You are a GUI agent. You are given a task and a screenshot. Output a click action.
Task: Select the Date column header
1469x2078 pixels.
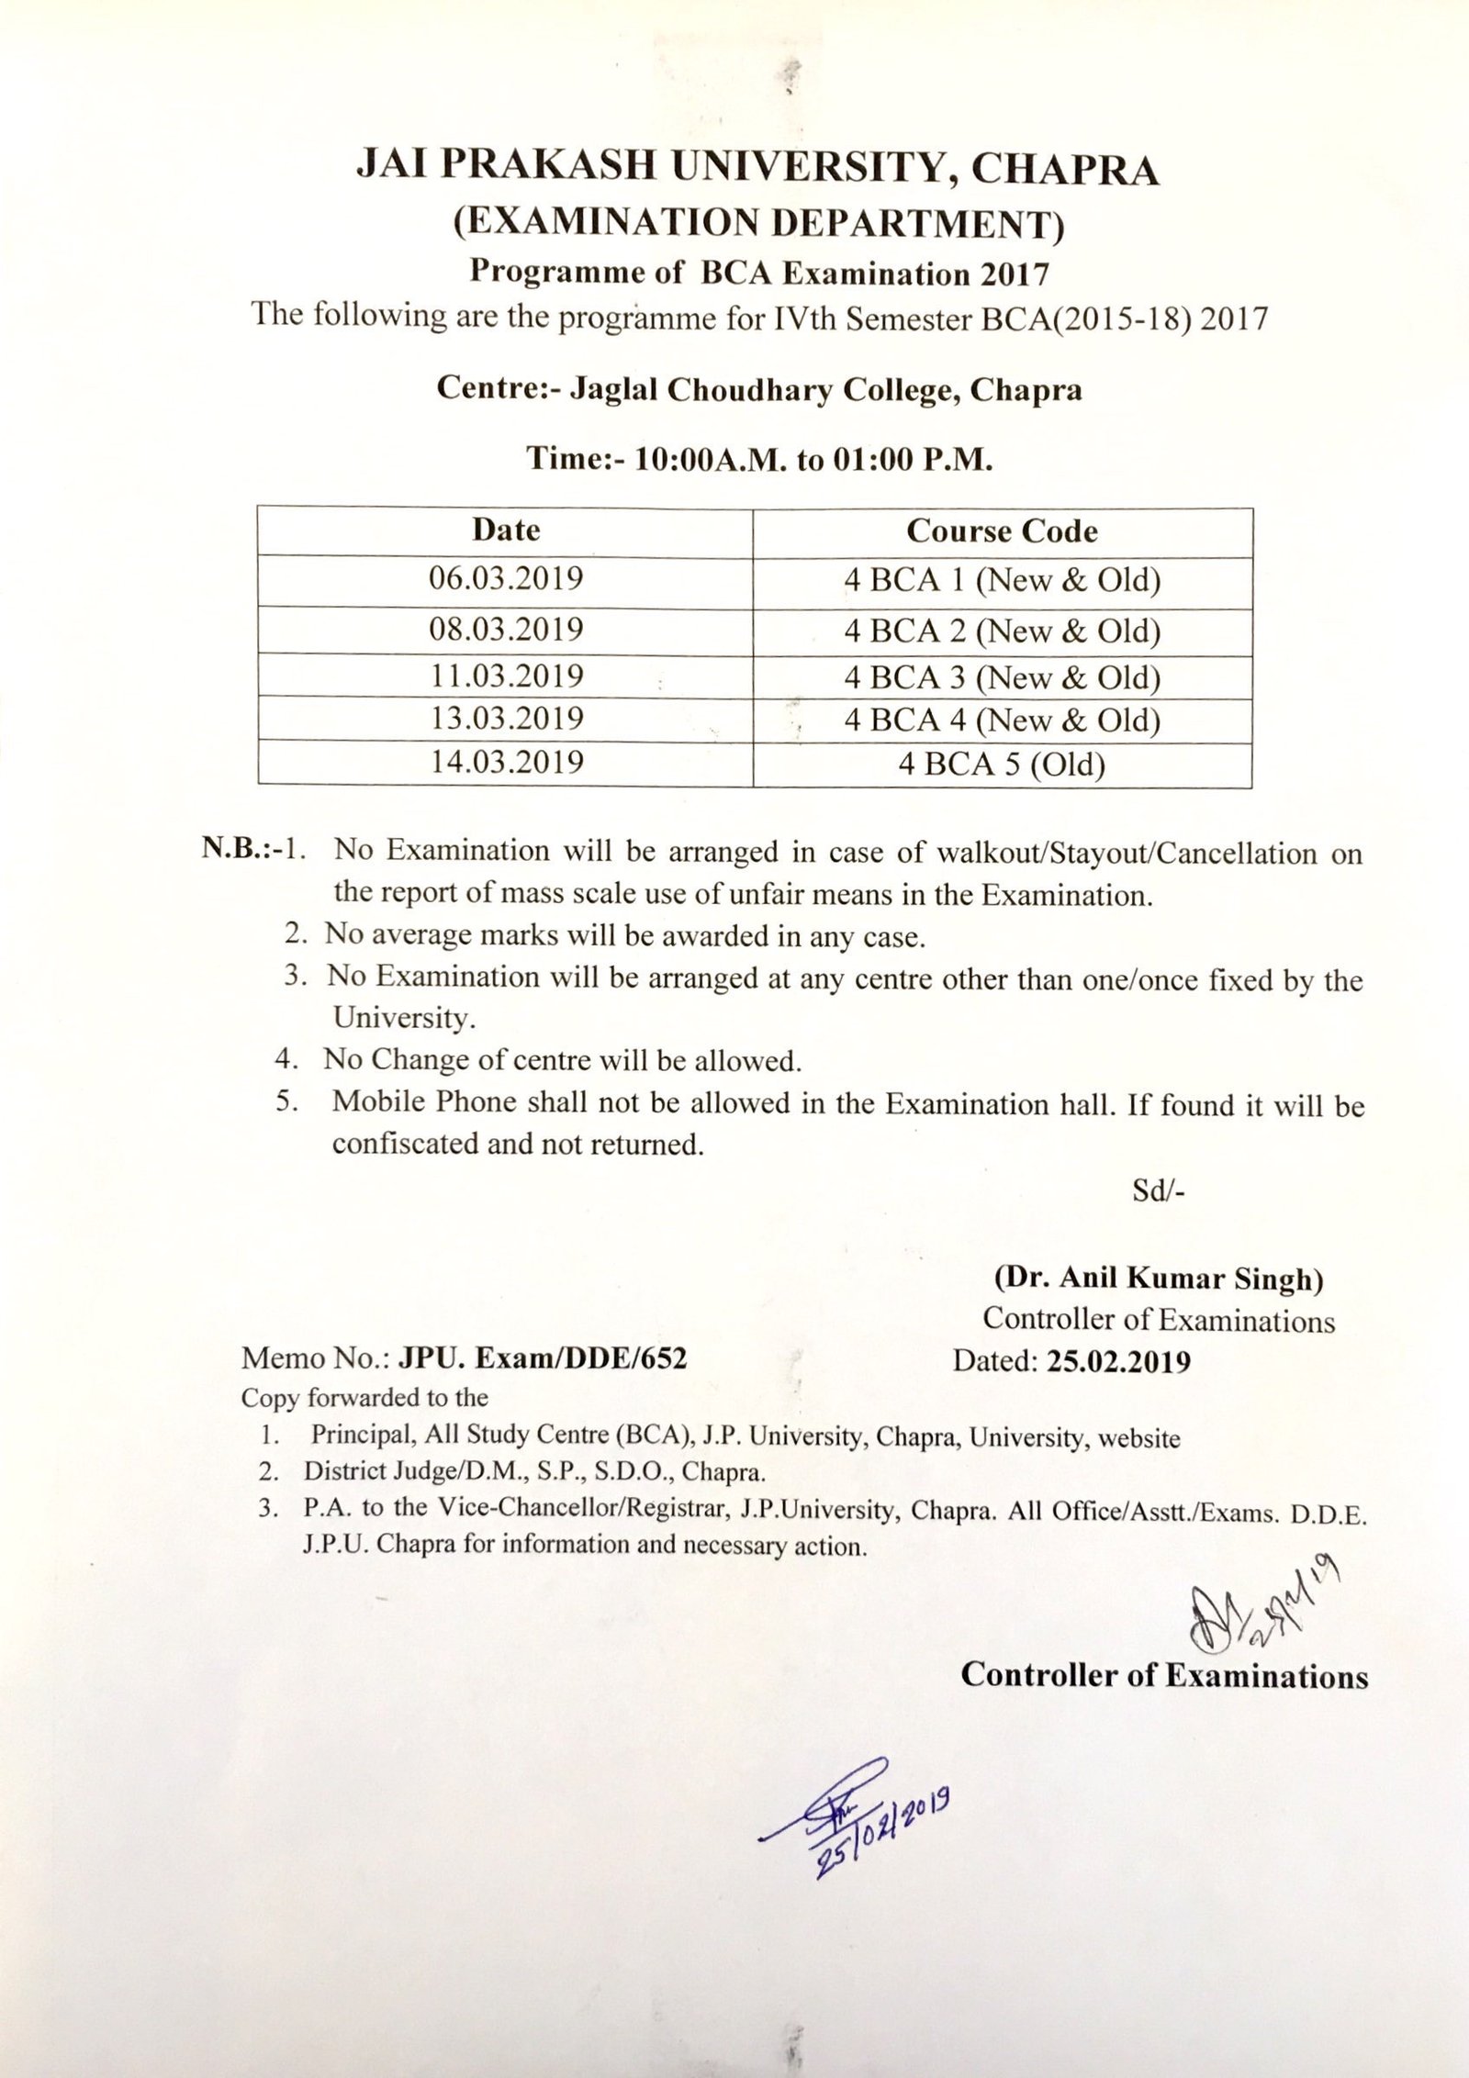point(506,530)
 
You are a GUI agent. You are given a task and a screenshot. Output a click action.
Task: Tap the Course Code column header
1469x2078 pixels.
point(1002,531)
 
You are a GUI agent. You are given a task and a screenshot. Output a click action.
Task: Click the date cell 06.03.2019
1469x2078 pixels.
point(506,579)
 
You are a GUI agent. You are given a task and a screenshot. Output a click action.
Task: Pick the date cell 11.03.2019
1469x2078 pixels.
point(506,676)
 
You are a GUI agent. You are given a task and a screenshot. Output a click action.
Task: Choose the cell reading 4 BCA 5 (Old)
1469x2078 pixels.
point(1002,764)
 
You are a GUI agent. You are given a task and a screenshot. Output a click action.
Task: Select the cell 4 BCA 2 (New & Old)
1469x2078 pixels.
point(1002,631)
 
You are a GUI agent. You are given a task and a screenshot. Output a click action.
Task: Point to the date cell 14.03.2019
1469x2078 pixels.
point(506,763)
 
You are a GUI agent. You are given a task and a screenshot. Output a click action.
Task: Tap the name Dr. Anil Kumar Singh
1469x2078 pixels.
point(1157,1279)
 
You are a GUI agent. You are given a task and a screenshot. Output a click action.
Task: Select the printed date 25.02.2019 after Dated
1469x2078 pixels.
point(1117,1360)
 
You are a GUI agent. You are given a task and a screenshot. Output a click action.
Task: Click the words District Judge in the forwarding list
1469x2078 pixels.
point(371,1474)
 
